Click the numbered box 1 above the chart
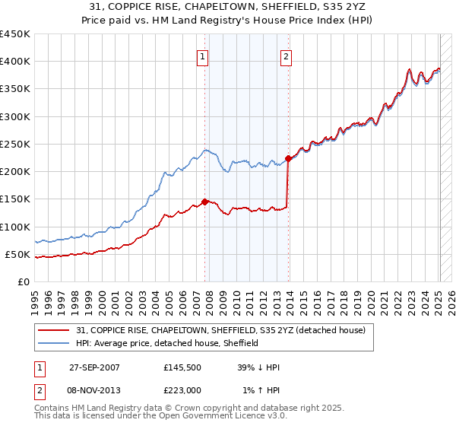[204, 56]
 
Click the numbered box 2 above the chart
[286, 56]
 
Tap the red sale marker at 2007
[204, 202]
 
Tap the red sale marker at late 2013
[289, 159]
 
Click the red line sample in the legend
[55, 330]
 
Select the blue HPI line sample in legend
[55, 343]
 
